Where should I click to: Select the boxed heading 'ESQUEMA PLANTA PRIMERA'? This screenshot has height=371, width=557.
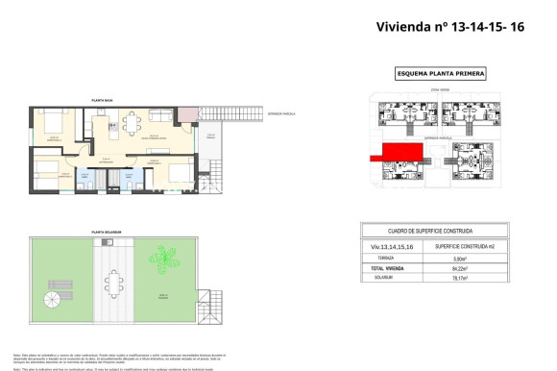[x=441, y=73]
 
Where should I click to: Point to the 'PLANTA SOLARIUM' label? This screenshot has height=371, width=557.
[x=107, y=232]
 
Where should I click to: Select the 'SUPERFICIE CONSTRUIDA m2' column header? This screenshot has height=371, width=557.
[x=474, y=247]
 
